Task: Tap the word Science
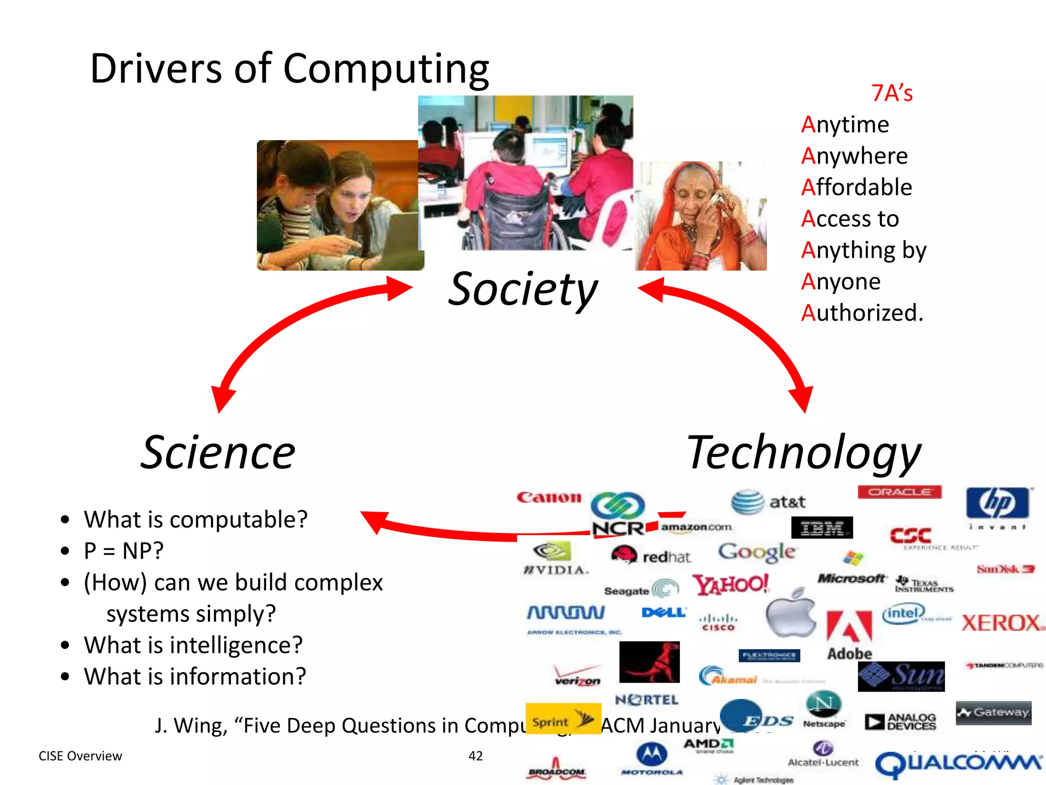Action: click(x=218, y=453)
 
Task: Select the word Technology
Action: click(x=803, y=453)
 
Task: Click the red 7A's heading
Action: click(x=892, y=94)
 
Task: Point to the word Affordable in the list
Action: click(x=857, y=188)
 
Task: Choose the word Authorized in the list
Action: click(x=862, y=313)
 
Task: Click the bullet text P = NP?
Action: click(x=124, y=551)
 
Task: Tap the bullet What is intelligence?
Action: click(x=193, y=645)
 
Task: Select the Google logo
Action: click(x=757, y=552)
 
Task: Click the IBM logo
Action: click(x=822, y=527)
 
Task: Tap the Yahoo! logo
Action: click(x=730, y=584)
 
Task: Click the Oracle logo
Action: click(x=899, y=492)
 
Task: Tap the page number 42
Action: click(x=476, y=756)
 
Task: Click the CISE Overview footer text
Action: click(x=80, y=756)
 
